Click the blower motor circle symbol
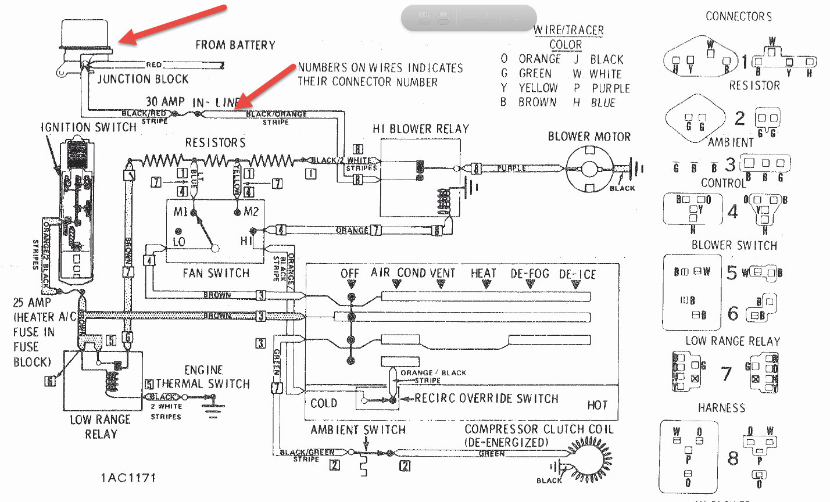coord(590,168)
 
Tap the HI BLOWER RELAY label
coord(421,129)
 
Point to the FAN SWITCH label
coord(216,273)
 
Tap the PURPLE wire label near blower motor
coord(511,168)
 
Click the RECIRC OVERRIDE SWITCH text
coord(486,399)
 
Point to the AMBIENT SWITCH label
coord(358,430)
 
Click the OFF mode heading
coord(350,274)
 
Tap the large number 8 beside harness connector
coord(733,458)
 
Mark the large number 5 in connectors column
coord(731,272)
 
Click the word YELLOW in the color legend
coord(538,88)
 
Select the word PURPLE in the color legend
coord(611,88)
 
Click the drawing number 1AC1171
coord(128,478)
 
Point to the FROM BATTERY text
coord(235,45)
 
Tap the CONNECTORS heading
coord(739,16)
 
